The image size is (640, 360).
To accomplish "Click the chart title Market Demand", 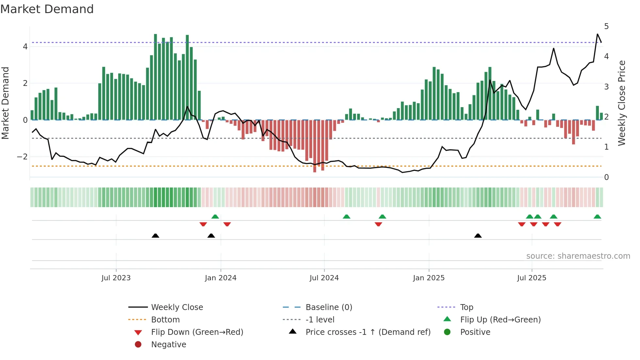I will (47, 9).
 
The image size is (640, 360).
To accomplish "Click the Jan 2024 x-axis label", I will (220, 278).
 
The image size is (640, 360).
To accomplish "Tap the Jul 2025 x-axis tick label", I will (532, 278).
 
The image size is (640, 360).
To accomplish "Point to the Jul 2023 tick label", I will (116, 278).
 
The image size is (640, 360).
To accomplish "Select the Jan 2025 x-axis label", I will (428, 278).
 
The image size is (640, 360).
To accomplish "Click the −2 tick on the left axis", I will (22, 157).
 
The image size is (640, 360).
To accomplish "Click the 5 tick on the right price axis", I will (606, 26).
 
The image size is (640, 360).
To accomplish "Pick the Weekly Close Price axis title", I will (622, 103).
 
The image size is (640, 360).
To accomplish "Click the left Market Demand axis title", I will (6, 103).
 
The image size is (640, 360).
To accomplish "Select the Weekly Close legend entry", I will (177, 307).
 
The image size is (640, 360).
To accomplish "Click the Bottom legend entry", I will (165, 320).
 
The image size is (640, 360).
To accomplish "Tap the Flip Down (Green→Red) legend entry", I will (197, 332).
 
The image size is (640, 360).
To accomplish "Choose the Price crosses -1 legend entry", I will (368, 332).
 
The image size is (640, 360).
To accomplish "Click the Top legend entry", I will (467, 307).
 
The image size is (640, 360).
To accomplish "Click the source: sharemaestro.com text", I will (578, 256).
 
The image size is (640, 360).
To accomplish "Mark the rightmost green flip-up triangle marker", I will (597, 217).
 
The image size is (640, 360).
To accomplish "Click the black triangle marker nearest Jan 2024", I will (211, 236).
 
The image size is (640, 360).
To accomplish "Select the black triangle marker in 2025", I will (478, 236).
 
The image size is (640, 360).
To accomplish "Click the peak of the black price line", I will (598, 34).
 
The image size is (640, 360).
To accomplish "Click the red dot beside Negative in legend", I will (138, 345).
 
